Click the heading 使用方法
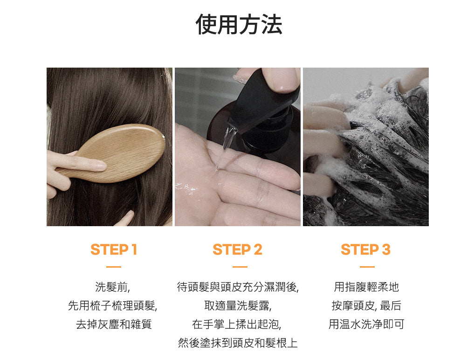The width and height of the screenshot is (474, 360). coord(239,24)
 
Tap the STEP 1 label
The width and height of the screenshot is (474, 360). coord(114,250)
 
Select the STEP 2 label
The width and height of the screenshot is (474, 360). coord(237,250)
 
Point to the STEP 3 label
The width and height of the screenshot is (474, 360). coord(366,250)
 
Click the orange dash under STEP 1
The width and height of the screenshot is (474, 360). coord(114,267)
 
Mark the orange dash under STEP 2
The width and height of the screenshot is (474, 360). coord(240,267)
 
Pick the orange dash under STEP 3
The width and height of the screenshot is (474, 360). coord(367,267)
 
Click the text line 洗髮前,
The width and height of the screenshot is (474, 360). coord(113,287)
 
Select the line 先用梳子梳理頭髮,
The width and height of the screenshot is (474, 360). coord(113,305)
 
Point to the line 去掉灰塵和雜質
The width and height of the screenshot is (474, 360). coord(114,324)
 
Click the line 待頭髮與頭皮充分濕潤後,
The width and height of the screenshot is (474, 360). coord(238,287)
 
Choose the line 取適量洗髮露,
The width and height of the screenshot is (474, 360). coord(238,305)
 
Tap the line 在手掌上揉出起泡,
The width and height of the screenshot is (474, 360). coord(237,324)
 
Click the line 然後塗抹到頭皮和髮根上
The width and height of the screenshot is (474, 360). coord(238,343)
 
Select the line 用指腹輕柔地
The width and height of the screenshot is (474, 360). coord(366,287)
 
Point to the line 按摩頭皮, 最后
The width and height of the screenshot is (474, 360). coord(366,305)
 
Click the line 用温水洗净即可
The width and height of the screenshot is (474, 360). coord(366,324)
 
